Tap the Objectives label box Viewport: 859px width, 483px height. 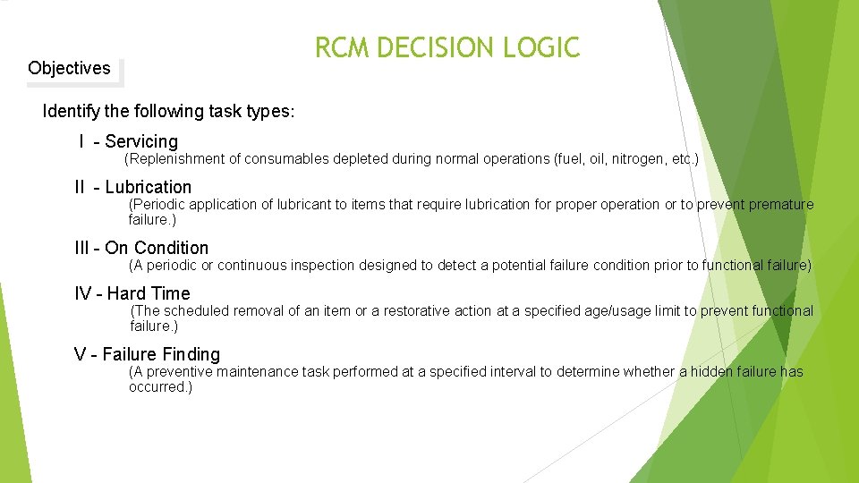[70, 68]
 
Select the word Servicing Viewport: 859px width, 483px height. [141, 141]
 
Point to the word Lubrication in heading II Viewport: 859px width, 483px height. [148, 187]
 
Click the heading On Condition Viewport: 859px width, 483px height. [157, 248]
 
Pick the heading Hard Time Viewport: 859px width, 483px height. [149, 293]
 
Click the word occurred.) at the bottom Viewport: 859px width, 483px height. [160, 387]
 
